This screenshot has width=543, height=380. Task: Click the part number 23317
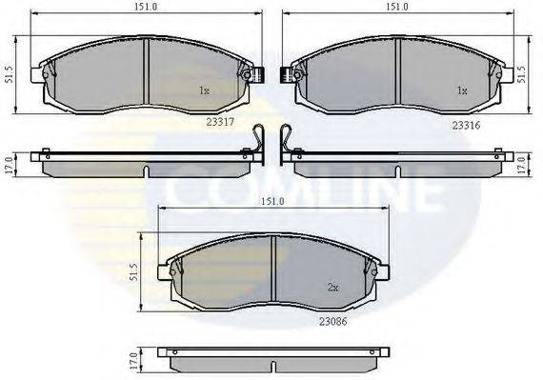pos(220,122)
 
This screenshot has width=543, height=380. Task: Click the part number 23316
pos(466,126)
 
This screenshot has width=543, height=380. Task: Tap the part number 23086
pos(332,322)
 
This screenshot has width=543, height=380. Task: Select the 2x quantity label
pos(332,288)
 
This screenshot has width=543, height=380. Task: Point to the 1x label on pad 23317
pos(204,90)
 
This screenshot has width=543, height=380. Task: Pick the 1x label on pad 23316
pos(462,90)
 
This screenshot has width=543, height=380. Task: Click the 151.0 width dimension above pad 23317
pos(146,7)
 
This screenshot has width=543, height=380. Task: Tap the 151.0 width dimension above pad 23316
pos(398,7)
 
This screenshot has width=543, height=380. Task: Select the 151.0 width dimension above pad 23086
pos(272,201)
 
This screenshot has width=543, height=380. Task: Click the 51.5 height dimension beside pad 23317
pos(9,74)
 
